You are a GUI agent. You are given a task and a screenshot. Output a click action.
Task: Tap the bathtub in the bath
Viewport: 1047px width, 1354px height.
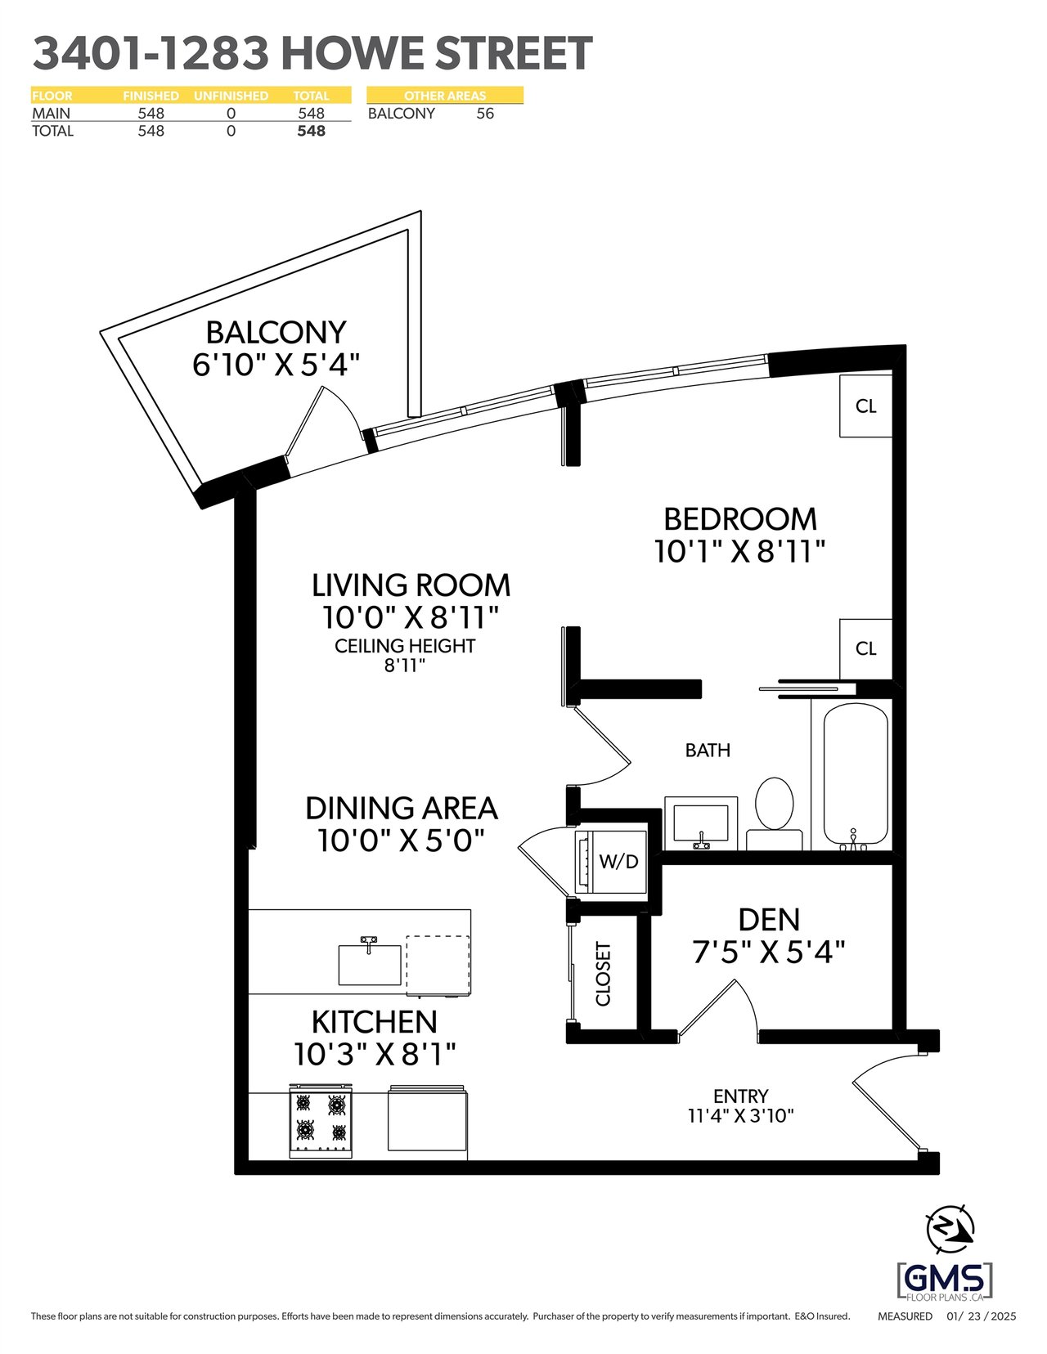point(856,776)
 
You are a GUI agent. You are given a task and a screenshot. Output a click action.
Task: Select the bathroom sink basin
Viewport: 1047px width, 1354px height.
point(701,823)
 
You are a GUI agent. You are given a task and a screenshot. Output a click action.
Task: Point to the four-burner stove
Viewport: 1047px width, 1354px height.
point(321,1122)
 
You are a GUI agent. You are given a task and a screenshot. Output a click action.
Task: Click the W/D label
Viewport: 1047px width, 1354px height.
point(619,862)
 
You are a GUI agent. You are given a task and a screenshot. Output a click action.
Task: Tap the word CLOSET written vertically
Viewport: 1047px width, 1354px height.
point(604,973)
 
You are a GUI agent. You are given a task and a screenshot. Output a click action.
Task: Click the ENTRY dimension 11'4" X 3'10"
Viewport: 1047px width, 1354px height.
point(741,1132)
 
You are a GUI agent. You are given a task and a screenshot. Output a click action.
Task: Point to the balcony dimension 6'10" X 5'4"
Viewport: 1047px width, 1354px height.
point(276,365)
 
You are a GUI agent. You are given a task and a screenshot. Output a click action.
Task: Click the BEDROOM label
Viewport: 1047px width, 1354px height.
point(739,519)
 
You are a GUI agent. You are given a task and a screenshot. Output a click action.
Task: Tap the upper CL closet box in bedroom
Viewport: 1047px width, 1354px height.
point(865,406)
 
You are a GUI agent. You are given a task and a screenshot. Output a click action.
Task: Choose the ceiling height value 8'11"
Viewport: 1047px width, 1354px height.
point(404,666)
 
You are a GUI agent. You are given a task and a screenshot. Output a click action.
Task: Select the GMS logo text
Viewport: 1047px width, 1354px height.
point(944,1280)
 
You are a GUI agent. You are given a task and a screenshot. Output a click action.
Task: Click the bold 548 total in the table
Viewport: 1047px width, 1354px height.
point(311,131)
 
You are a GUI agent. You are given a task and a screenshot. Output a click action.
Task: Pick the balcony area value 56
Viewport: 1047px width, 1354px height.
point(485,114)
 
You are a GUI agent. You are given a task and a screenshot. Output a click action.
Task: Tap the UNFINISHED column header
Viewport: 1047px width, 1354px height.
point(231,96)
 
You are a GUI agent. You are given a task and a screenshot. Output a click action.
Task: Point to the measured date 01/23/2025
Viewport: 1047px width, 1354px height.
point(981,1316)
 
